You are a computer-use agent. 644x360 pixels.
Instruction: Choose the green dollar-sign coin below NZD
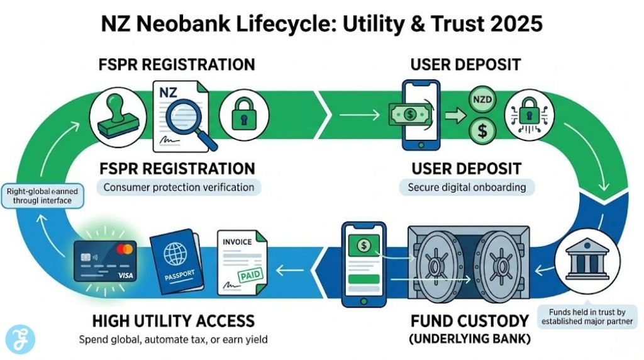483,130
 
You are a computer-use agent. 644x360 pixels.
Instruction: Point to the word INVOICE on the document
237,241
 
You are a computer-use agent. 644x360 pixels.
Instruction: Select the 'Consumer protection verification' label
179,187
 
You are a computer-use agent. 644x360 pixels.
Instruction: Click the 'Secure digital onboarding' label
466,187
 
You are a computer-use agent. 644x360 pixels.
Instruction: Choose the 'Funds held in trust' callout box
587,316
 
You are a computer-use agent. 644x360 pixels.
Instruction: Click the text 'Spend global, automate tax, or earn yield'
173,340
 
